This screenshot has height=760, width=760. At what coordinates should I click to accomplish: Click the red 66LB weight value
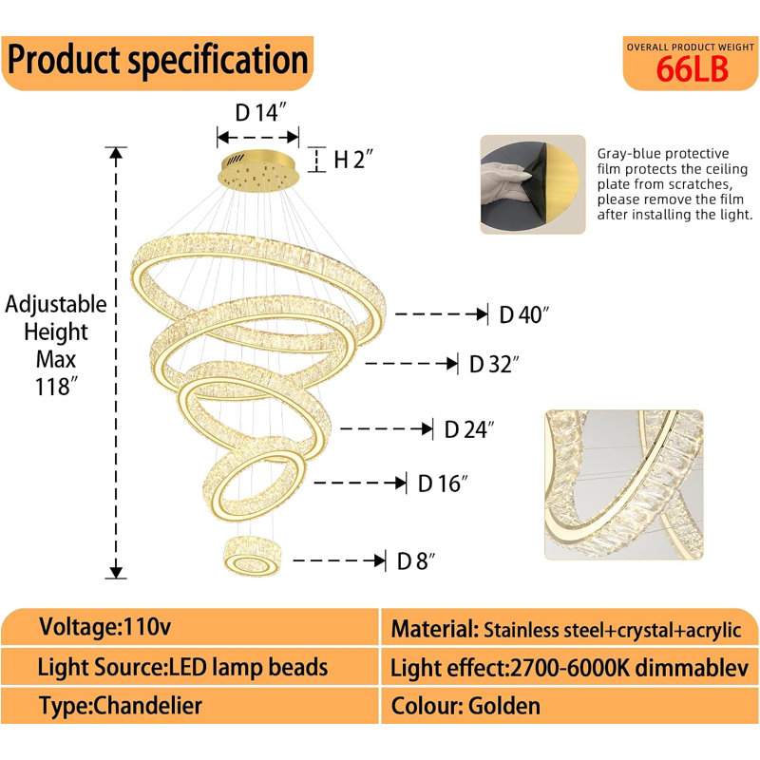(692, 68)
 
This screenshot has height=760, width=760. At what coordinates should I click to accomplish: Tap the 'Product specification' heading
(158, 60)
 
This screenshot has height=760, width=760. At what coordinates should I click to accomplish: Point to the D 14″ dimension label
(260, 112)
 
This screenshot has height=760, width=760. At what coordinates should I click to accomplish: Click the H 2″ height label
(353, 159)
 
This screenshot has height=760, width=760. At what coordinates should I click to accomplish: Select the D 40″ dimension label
(524, 314)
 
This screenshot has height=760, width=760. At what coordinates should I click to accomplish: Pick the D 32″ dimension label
(494, 365)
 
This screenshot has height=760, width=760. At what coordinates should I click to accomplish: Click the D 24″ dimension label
(469, 429)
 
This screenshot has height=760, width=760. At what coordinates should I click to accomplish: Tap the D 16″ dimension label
(443, 484)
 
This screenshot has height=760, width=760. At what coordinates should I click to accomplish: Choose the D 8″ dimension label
(416, 561)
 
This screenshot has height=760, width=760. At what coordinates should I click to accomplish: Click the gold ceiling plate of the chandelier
(258, 171)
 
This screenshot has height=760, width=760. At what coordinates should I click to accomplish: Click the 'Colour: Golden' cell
(569, 706)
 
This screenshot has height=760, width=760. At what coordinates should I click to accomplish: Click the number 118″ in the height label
(56, 387)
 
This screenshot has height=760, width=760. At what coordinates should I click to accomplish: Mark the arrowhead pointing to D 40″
(482, 314)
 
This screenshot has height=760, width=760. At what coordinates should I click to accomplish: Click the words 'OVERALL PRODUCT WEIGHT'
(691, 47)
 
